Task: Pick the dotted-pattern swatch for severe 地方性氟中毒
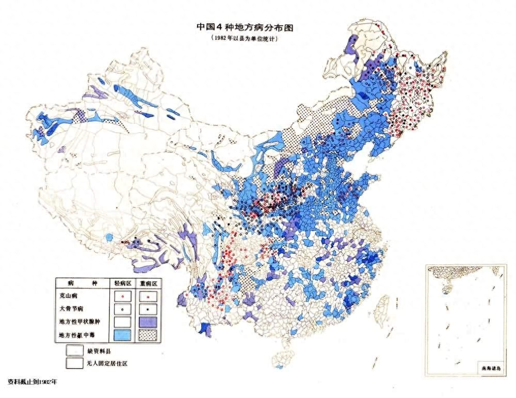pos(148,336)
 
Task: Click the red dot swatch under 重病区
pos(148,297)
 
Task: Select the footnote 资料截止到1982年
pos(32,382)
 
